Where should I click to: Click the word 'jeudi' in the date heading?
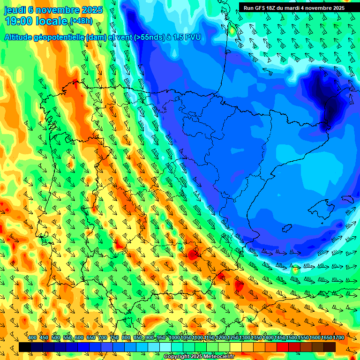point(15,10)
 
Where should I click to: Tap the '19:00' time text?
point(19,21)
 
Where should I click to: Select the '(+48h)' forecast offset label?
point(81,21)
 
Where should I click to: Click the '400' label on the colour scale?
point(32,338)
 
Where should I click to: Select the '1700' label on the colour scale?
point(326,338)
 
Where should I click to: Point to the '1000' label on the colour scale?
point(174,338)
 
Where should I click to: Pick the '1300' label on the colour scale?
point(244,338)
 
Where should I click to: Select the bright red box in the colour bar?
point(283,347)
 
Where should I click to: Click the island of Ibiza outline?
point(287,228)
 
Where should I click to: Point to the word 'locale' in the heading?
point(53,21)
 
